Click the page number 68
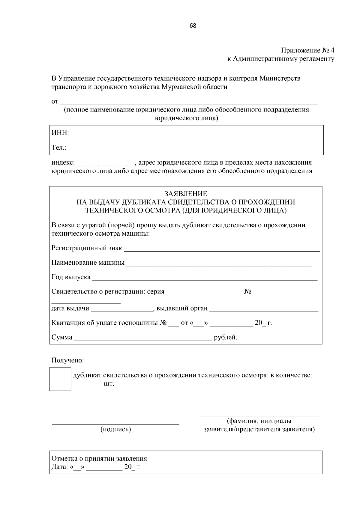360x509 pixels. coord(193,26)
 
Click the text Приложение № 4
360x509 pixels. coord(307,50)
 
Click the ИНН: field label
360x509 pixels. coord(60,133)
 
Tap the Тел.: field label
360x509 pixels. coord(59,147)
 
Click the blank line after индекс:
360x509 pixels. coord(106,163)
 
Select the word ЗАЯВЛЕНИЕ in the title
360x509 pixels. coord(186,194)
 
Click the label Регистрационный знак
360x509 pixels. coord(87,248)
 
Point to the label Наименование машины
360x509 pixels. coord(88,263)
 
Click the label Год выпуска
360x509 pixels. coord(71,277)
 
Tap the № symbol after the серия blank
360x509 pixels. coord(247,291)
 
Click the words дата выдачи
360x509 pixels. coord(70,308)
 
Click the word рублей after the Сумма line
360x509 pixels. coord(225,338)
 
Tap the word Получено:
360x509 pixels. coord(67,360)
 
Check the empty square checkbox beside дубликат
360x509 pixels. coord(60,379)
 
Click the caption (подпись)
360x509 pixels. coord(115,429)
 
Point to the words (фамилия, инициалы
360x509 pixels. coord(259,421)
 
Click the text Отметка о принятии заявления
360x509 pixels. coord(99,458)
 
